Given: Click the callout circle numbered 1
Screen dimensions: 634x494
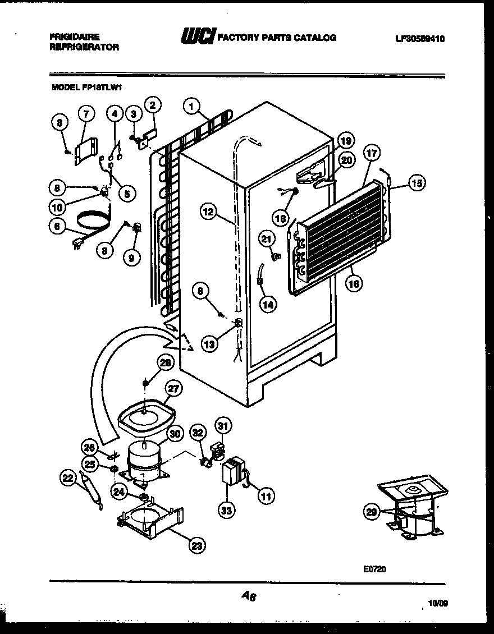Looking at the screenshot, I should pos(191,105).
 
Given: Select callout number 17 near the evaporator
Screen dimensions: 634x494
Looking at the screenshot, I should pos(372,153).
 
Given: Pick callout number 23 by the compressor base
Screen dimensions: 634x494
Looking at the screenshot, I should pos(197,545).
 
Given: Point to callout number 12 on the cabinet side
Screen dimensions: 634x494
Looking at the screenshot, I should pos(209,212).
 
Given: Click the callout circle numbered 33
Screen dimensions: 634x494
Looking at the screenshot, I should pos(228,511).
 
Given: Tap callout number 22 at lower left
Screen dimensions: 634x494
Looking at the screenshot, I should pos(68,478).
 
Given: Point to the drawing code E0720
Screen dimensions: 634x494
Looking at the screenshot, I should pos(374,569).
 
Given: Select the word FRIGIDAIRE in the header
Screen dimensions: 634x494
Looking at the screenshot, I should pos(75,36).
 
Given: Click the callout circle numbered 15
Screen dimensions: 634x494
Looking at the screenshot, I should pos(417,182).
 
